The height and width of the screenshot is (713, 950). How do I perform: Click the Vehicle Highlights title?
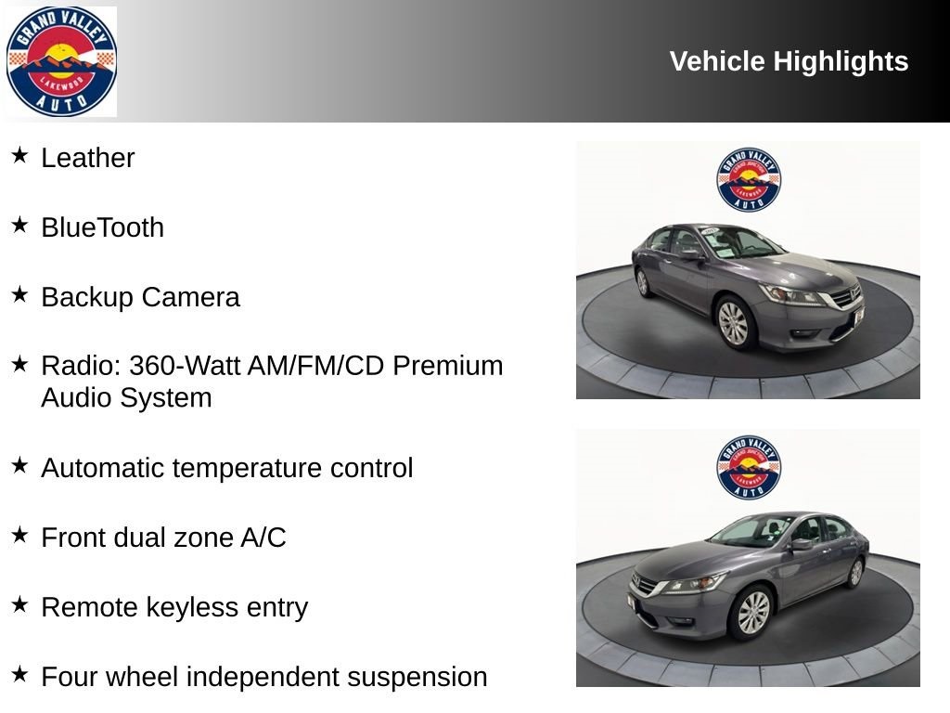pos(789,61)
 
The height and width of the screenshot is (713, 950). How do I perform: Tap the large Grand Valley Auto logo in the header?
pos(61,61)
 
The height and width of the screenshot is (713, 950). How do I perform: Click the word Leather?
pos(88,158)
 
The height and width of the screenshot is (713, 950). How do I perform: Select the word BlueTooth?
pos(102,227)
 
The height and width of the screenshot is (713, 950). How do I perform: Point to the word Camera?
pos(191,297)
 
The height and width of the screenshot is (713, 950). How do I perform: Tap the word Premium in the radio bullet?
pos(448,366)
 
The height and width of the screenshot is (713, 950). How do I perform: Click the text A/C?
pos(263,538)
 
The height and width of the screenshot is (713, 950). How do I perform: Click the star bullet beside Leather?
pos(20,155)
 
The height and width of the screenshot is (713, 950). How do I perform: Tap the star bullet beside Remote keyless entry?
pos(20,603)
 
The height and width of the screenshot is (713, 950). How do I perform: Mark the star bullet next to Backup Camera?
pos(20,294)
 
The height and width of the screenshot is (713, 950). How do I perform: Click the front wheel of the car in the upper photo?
pos(734,322)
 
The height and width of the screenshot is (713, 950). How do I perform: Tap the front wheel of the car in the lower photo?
pos(752,612)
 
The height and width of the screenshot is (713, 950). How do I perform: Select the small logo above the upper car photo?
pos(749,179)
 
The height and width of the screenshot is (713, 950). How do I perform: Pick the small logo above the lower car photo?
pos(749,468)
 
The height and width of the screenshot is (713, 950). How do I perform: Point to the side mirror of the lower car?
pos(801,544)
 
